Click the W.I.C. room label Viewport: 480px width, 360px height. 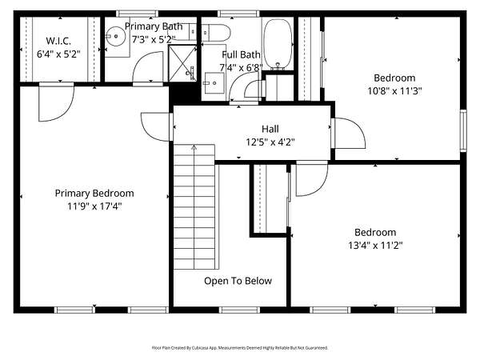click(x=58, y=41)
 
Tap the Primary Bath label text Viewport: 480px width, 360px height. click(x=154, y=26)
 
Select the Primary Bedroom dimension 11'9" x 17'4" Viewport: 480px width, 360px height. click(x=94, y=206)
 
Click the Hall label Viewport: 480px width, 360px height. click(x=270, y=129)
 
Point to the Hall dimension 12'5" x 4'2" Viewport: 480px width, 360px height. click(x=270, y=142)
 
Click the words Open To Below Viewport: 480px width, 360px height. click(x=238, y=281)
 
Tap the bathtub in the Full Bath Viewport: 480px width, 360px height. click(x=278, y=45)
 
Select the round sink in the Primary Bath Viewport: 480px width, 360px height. click(x=116, y=37)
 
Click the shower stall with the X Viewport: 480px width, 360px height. click(x=182, y=63)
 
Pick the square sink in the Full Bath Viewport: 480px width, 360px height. click(x=214, y=83)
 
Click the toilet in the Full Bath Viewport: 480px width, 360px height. click(x=216, y=33)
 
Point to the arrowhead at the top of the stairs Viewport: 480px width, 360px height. click(x=194, y=147)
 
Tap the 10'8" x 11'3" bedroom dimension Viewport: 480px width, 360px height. click(x=394, y=91)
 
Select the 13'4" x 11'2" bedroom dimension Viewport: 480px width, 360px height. click(x=375, y=246)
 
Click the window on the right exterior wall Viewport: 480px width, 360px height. click(x=463, y=130)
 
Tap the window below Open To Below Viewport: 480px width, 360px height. click(x=239, y=310)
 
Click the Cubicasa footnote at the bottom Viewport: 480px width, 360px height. click(x=240, y=348)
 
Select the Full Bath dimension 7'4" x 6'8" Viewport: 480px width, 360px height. click(x=242, y=68)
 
